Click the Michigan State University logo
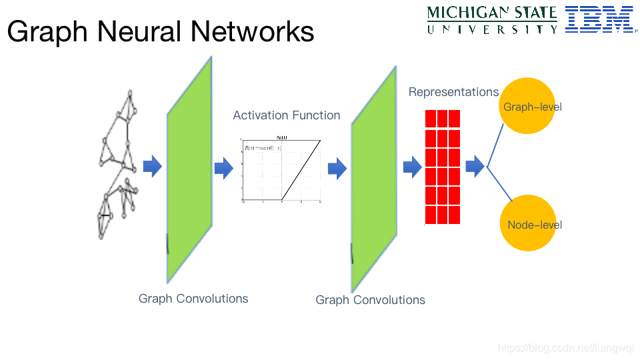coord(492,20)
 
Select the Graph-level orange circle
coord(527,106)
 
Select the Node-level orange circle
coord(527,223)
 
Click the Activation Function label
coord(287,115)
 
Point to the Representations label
coord(453,92)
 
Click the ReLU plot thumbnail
coord(282,169)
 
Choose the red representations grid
coord(443,167)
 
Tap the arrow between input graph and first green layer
coord(153,167)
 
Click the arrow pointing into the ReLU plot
coord(223,169)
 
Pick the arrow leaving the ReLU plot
coord(337,169)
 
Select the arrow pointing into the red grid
coord(413,168)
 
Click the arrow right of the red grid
coord(475,167)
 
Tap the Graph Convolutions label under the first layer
coord(193,299)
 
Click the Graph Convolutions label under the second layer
coord(370,300)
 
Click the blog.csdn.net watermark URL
coord(566,348)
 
